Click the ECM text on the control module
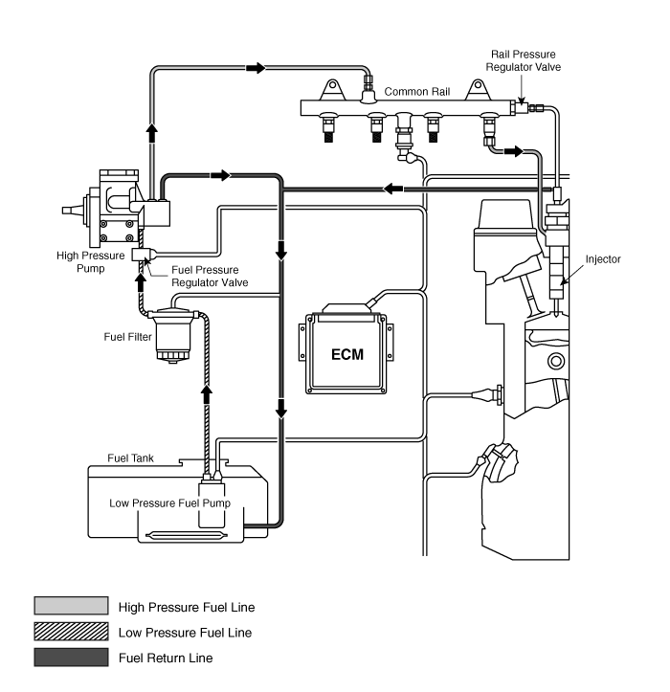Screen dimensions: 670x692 [x=347, y=354]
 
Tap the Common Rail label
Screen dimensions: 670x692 [x=417, y=92]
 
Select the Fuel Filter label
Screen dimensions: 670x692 [x=127, y=337]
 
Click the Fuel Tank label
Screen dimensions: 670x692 [x=130, y=458]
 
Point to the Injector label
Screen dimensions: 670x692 [x=603, y=259]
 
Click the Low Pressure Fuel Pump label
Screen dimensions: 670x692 [x=170, y=503]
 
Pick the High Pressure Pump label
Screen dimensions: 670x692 [x=91, y=261]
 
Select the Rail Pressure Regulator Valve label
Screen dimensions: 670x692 [x=523, y=60]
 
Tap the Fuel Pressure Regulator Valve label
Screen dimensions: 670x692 [x=210, y=276]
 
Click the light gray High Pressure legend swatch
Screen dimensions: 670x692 [x=71, y=606]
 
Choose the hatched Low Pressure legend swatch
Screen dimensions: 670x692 [x=71, y=631]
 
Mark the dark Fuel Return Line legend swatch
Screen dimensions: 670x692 [x=71, y=657]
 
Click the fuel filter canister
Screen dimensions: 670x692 [x=173, y=335]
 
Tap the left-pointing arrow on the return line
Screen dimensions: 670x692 [x=392, y=189]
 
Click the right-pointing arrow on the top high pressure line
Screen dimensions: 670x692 [x=256, y=68]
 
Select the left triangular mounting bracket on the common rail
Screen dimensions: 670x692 [x=332, y=90]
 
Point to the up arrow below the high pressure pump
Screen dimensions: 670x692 [x=141, y=282]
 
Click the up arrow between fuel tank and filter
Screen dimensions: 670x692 [x=206, y=394]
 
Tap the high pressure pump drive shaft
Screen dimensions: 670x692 [x=73, y=211]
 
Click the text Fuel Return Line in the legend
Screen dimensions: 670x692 [x=166, y=658]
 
